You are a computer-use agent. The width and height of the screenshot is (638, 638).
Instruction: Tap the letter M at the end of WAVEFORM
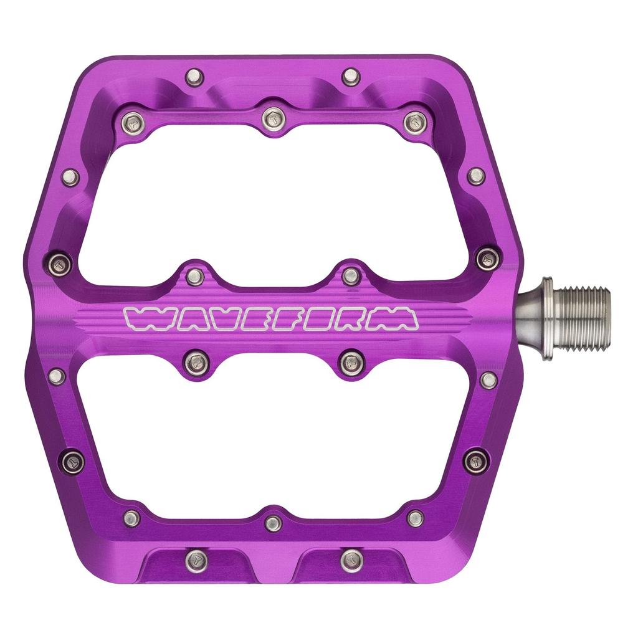click(x=399, y=318)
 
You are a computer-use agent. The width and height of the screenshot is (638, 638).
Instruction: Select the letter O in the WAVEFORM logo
click(x=325, y=318)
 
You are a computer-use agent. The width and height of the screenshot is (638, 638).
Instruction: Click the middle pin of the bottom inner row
click(x=273, y=523)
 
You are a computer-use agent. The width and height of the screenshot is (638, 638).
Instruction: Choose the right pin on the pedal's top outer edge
click(x=351, y=77)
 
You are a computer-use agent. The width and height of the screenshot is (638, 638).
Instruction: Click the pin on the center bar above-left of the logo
click(x=195, y=276)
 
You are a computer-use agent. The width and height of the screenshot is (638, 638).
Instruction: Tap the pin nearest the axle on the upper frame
click(x=488, y=258)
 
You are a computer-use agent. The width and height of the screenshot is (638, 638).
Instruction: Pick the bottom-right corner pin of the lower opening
click(x=415, y=518)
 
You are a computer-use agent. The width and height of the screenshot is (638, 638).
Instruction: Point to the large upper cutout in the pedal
click(x=274, y=199)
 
